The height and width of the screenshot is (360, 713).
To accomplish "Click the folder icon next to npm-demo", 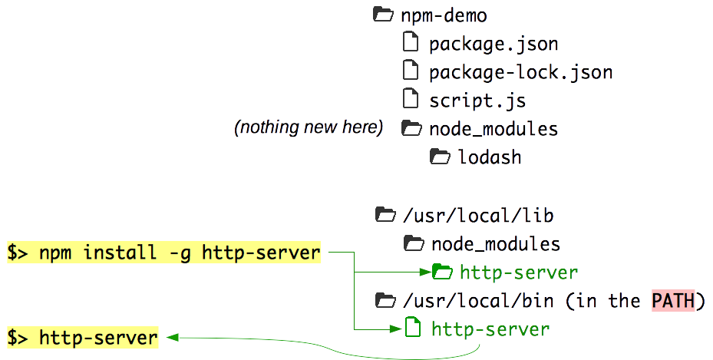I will (381, 14).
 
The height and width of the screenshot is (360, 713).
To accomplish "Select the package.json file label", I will (493, 44).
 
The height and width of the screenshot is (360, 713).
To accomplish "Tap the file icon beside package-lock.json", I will (411, 71).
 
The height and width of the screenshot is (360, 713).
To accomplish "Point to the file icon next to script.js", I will (411, 99).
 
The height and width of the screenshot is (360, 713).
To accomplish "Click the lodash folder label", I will (490, 157).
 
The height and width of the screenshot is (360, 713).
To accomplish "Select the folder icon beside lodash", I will (439, 157).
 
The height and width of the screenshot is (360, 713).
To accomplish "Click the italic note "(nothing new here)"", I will (309, 127).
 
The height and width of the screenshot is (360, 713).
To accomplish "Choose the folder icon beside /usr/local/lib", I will (383, 215).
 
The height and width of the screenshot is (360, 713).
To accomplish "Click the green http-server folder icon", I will (442, 272).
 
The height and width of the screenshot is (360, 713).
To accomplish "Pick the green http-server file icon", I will (413, 329).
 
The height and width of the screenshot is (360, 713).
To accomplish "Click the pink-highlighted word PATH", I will (672, 300).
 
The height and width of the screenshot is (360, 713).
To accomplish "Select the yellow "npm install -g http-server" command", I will (163, 253).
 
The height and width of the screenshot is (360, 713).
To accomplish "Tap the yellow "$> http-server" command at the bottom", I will (83, 337).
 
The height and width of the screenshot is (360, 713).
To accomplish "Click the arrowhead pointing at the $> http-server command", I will (170, 337).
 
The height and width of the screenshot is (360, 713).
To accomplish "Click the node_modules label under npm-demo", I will (493, 128).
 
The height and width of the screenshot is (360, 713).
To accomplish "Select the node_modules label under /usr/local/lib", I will (496, 244).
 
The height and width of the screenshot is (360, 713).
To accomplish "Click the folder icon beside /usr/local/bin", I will (383, 299).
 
